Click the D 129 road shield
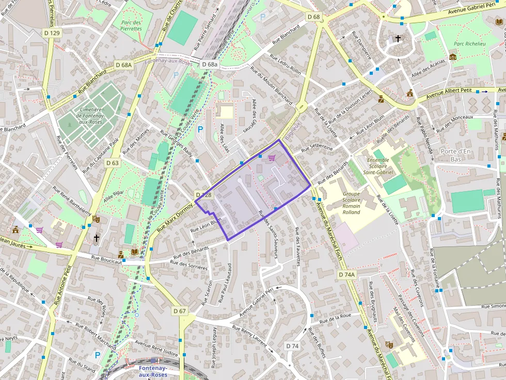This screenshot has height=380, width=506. pos(52,33)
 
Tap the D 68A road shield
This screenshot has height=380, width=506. pos(124,65)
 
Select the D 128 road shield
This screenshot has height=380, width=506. pos(204,195)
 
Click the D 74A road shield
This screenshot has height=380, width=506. pos(347,275)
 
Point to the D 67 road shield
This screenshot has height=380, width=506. pos(179,311)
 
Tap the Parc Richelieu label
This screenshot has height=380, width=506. pos(469,44)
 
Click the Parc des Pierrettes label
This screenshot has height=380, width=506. pos(131,25)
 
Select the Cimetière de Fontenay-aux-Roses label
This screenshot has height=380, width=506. pos(91,115)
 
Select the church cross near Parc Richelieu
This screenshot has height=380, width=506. pos(398,38)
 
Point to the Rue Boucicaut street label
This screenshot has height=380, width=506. pos(106,260)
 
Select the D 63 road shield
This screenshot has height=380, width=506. pos(113,163)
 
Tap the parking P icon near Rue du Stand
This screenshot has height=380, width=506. pos(97,355)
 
